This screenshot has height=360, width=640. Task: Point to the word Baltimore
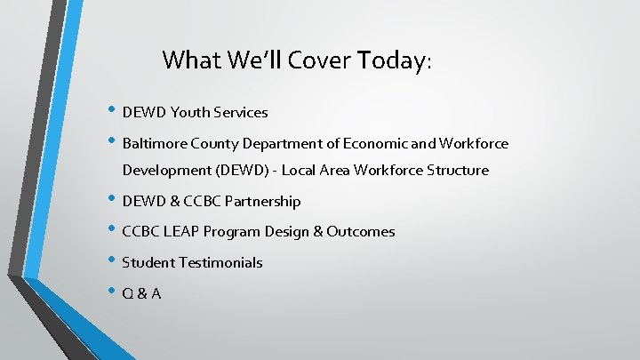tap(152, 143)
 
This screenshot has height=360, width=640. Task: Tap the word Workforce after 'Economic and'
tap(474, 143)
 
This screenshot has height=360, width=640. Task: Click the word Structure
tap(457, 170)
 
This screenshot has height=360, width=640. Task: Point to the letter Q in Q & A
tap(128, 293)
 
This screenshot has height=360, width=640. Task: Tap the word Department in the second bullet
tap(273, 143)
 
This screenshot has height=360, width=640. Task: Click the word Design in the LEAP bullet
tap(286, 232)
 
